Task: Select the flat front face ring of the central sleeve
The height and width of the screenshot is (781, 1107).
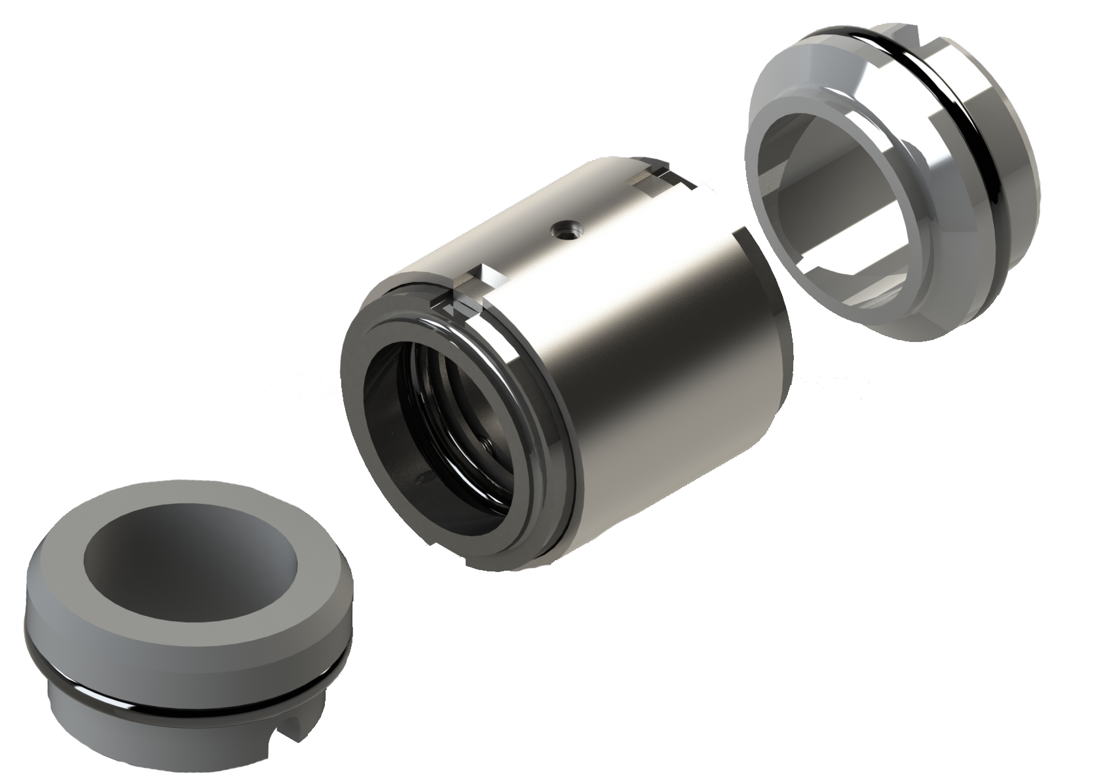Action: (x=354, y=393)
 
